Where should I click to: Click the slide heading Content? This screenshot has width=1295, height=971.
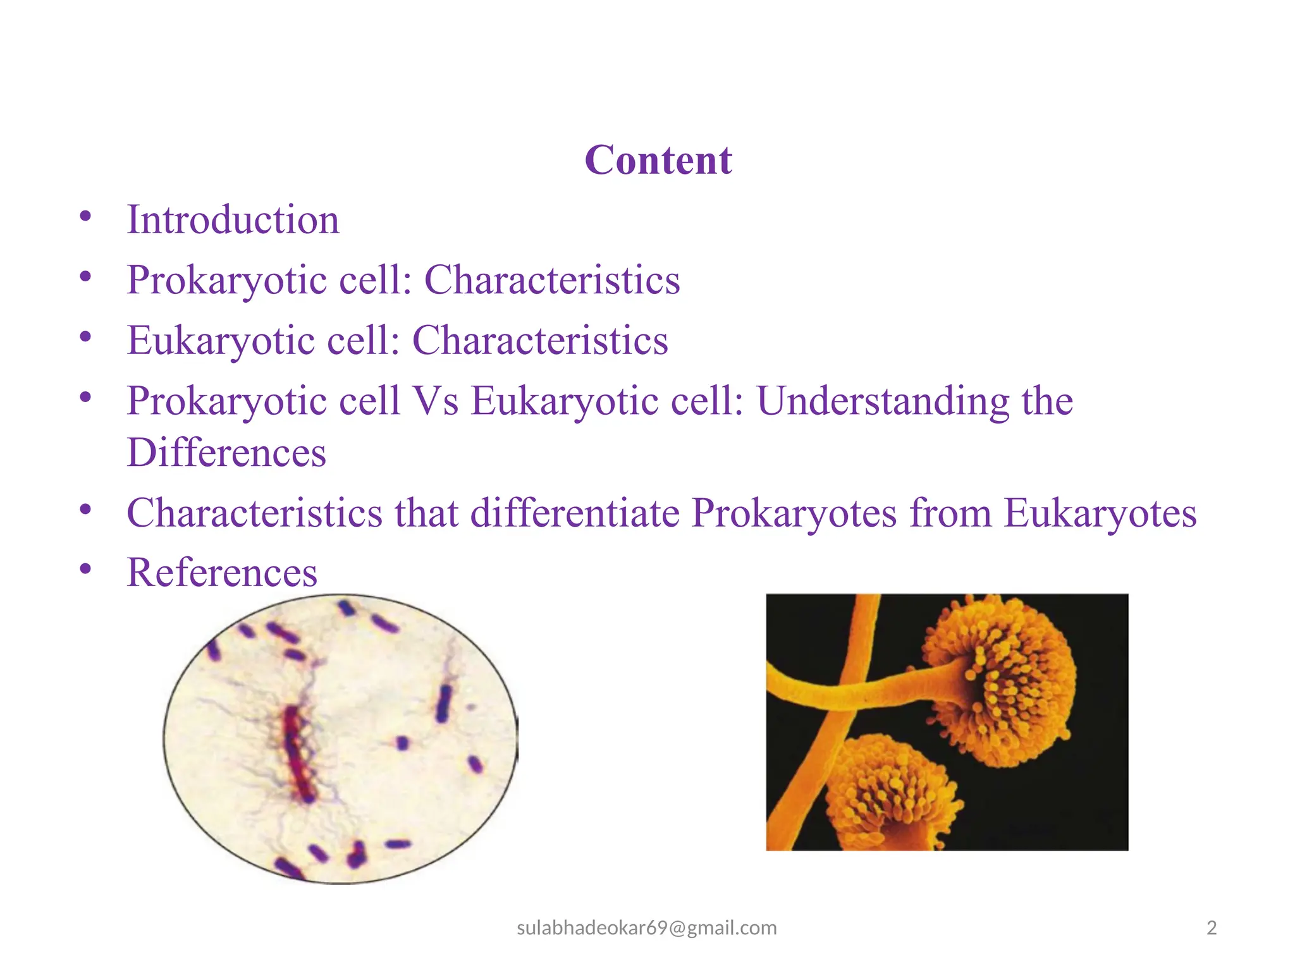[x=658, y=160]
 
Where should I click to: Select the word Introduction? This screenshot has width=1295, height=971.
[x=233, y=220]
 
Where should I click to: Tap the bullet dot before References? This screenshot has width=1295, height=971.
[x=85, y=569]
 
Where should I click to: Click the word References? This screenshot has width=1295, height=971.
[x=222, y=573]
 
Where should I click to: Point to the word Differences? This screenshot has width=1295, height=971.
[x=226, y=453]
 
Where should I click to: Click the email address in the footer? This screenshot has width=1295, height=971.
[x=646, y=927]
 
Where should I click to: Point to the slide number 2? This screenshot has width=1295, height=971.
[x=1212, y=927]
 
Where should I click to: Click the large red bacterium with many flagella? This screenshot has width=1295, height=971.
[x=297, y=752]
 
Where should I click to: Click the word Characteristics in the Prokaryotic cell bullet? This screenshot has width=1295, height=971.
[x=551, y=279]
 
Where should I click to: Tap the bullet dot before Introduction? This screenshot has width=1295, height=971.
[x=85, y=216]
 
